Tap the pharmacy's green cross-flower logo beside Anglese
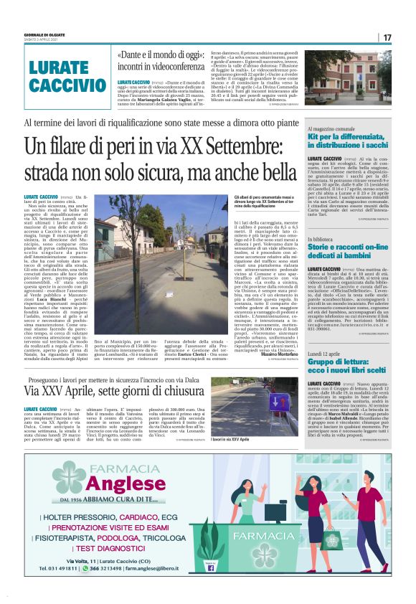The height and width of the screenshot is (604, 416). (x=70, y=477)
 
